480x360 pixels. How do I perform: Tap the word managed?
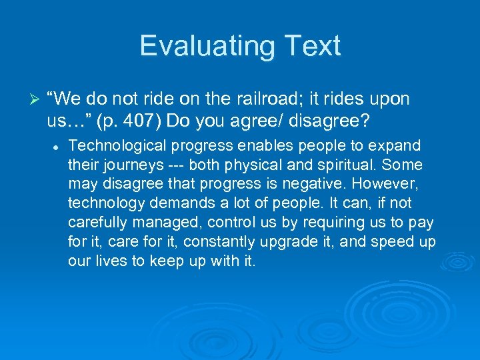[146, 222]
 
